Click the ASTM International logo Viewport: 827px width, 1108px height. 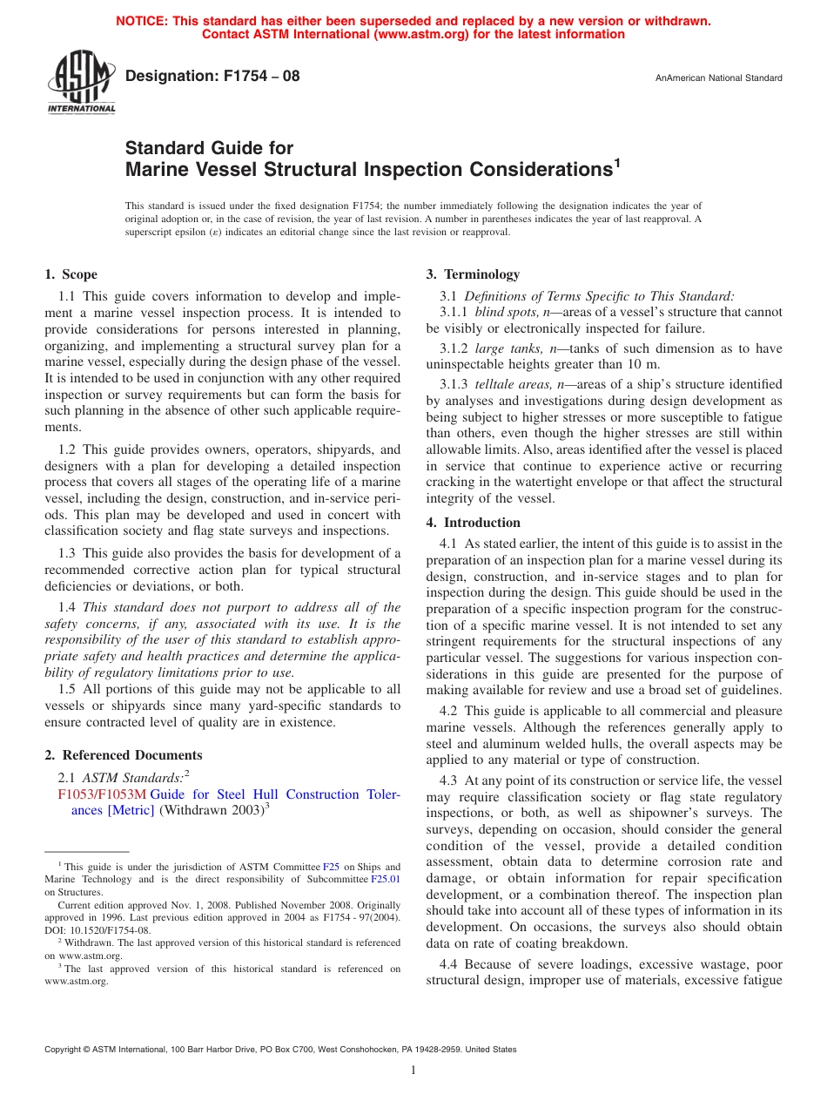tap(81, 83)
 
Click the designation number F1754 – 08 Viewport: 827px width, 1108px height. tap(212, 76)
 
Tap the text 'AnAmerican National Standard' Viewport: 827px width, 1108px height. tap(718, 78)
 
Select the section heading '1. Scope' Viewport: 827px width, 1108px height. tap(71, 274)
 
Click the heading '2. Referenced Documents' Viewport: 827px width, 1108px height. tap(124, 755)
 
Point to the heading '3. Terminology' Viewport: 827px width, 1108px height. tap(473, 274)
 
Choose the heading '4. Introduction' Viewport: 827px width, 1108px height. tap(474, 523)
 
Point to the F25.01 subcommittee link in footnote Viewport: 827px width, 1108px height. tap(387, 879)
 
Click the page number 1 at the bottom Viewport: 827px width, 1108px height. tap(413, 1070)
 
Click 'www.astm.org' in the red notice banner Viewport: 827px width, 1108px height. tap(420, 35)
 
